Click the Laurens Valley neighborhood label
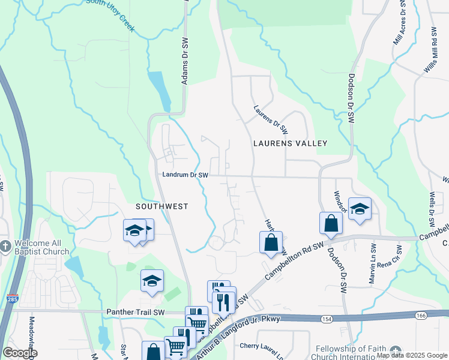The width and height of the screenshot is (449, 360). [x=290, y=143]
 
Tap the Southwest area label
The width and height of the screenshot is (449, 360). [x=161, y=206]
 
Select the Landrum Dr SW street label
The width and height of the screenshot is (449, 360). [x=185, y=175]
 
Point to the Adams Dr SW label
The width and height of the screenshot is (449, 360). [x=185, y=61]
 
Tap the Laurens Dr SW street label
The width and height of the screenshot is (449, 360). [x=271, y=120]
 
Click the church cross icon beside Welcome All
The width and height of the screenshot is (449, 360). [x=5, y=247]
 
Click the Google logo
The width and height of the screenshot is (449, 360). [x=20, y=353]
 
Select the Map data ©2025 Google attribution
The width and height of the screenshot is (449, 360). [x=411, y=355]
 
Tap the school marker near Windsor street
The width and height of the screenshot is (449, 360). [x=359, y=209]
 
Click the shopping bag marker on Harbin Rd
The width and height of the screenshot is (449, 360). [x=271, y=242]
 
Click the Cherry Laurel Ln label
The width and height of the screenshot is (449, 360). [x=262, y=346]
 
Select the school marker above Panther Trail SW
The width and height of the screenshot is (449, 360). [x=152, y=280]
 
